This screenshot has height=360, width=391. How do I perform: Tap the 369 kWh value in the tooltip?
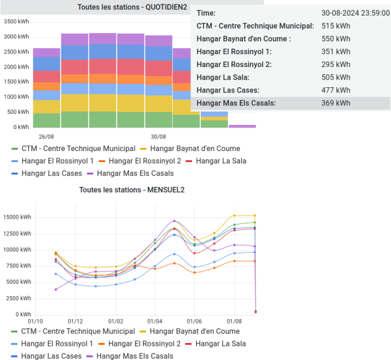(x=336, y=103)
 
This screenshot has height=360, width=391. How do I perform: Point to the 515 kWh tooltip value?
(x=336, y=26)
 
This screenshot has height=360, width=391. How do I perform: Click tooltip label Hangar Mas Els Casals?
(x=236, y=103)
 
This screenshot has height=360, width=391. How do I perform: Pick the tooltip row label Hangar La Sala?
(x=224, y=77)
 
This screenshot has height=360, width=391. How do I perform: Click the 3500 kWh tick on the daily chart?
(x=17, y=21)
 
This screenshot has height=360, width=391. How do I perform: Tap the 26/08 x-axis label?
(x=46, y=137)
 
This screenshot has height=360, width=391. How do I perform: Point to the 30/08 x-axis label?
(x=158, y=137)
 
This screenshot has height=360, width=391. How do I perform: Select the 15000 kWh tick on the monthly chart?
(x=17, y=217)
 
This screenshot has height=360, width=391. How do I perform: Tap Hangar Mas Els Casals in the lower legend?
(x=134, y=356)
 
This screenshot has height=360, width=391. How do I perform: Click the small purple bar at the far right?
(x=242, y=126)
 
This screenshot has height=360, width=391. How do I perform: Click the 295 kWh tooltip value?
(x=336, y=64)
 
